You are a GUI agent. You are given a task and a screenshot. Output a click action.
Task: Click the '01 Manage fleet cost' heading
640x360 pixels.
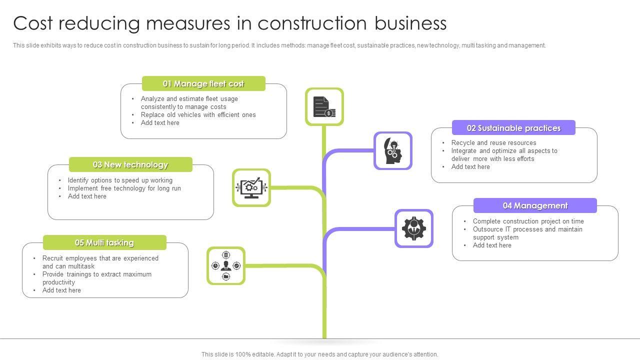pyautogui.click(x=203, y=83)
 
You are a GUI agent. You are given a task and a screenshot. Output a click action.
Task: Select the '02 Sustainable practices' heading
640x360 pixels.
pyautogui.click(x=513, y=128)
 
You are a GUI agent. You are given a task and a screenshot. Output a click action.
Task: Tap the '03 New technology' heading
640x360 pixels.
pyautogui.click(x=130, y=164)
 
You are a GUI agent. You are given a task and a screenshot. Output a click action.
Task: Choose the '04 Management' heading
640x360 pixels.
pyautogui.click(x=535, y=205)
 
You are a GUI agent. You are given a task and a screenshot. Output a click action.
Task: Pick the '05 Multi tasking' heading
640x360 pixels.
pyautogui.click(x=104, y=242)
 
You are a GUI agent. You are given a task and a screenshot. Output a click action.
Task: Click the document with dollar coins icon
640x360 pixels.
pyautogui.click(x=324, y=107)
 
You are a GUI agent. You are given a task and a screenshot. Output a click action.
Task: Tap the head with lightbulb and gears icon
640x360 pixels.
pyautogui.click(x=393, y=150)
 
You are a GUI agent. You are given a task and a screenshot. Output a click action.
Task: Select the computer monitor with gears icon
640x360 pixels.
pyautogui.click(x=251, y=188)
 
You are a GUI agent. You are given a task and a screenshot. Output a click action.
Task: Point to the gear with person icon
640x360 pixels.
pyautogui.click(x=414, y=228)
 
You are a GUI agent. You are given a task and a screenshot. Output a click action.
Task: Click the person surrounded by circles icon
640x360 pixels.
pyautogui.click(x=226, y=266)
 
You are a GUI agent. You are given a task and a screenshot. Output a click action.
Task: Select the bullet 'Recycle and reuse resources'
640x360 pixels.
pyautogui.click(x=493, y=143)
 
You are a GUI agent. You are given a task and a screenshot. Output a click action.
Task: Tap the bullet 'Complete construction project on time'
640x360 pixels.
pyautogui.click(x=528, y=221)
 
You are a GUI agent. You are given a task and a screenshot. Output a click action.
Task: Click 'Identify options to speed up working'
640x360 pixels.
pyautogui.click(x=120, y=180)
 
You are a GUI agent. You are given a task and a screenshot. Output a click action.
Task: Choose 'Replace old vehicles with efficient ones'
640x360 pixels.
pyautogui.click(x=198, y=115)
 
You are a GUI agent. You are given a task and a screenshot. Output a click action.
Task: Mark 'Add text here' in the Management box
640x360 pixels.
pyautogui.click(x=492, y=245)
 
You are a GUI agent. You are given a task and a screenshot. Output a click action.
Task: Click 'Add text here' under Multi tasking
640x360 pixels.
pyautogui.click(x=61, y=290)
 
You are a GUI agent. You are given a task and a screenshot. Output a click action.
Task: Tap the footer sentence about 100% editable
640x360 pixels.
pyautogui.click(x=319, y=354)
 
